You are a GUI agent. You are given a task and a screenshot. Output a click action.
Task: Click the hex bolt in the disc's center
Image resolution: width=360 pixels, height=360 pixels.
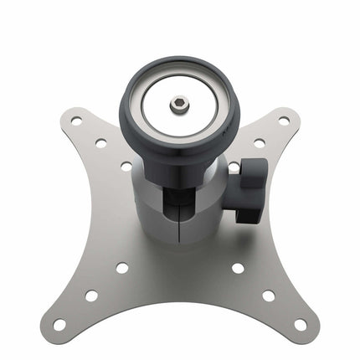click(x=177, y=105)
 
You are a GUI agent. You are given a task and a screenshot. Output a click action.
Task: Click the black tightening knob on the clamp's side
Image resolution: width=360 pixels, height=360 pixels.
click(x=250, y=189)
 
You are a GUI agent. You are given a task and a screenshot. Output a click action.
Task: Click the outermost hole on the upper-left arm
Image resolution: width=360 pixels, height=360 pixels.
click(x=76, y=121)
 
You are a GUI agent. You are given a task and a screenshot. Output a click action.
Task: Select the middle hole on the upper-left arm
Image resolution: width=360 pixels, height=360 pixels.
click(x=100, y=143)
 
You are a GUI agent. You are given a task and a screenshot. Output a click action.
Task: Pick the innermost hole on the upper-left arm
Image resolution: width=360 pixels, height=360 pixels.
click(x=126, y=166)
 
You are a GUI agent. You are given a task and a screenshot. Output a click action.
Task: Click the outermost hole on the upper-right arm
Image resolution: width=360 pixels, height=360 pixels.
click(x=284, y=121)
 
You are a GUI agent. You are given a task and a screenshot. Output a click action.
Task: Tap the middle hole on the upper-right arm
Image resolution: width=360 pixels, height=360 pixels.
click(x=260, y=143)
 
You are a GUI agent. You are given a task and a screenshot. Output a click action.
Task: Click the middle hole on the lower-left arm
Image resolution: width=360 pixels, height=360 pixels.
click(x=90, y=296)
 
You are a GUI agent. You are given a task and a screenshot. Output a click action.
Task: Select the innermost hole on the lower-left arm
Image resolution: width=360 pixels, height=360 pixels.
click(x=122, y=269)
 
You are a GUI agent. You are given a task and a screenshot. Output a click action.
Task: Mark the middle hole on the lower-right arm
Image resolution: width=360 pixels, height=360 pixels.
click(x=269, y=296)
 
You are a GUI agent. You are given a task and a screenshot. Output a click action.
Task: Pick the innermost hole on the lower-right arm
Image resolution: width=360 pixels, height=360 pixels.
click(x=238, y=269)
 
